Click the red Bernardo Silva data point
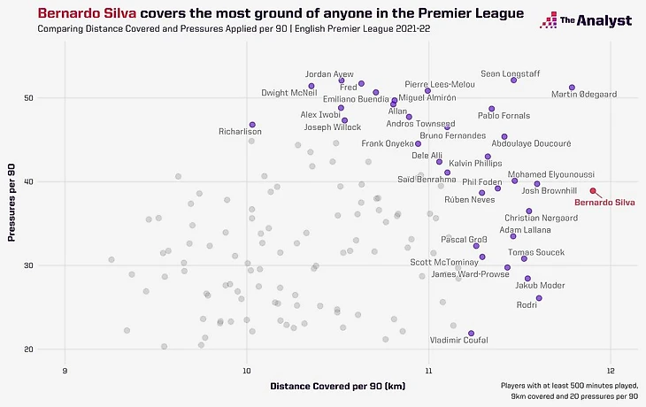[x=593, y=191]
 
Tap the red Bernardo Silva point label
[x=604, y=203]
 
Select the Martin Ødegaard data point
[x=572, y=88]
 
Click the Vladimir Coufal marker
[x=471, y=334]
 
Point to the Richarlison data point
[x=252, y=125]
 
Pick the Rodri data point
[x=539, y=298]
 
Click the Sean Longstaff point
[x=513, y=81]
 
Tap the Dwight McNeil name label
[x=289, y=93]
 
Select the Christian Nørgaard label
[x=534, y=218]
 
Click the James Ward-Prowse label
[x=470, y=274]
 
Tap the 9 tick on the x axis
[x=65, y=370]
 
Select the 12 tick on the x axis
[x=611, y=370]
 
